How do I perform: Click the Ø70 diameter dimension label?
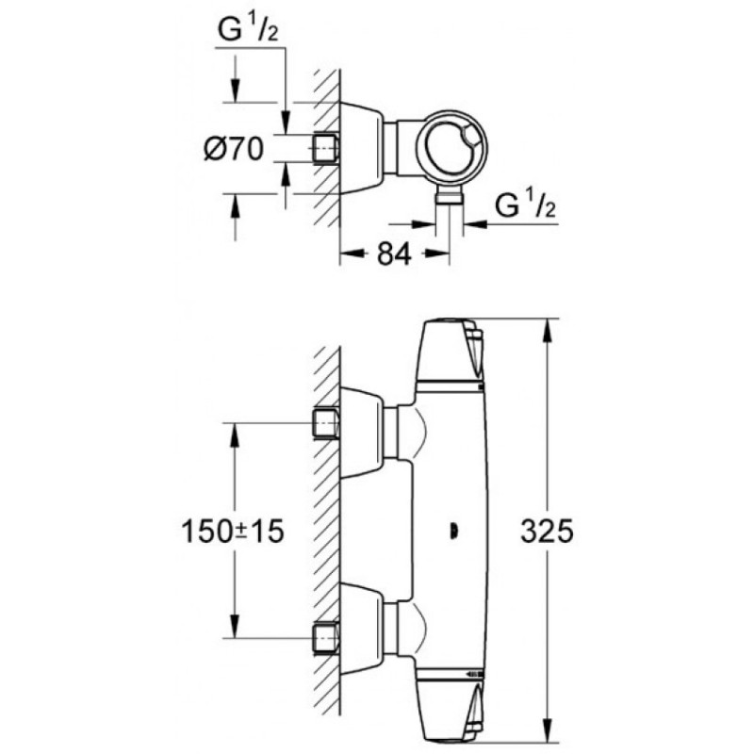[x=234, y=149]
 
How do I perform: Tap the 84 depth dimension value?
[x=394, y=254]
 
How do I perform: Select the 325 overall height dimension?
[x=548, y=532]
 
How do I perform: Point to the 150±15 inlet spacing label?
[x=233, y=532]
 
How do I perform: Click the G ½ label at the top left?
[x=248, y=30]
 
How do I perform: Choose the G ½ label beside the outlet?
[x=525, y=205]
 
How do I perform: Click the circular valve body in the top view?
[x=451, y=148]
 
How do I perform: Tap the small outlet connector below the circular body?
[x=450, y=197]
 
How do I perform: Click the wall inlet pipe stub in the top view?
[x=325, y=148]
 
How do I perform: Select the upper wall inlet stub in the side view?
[x=325, y=423]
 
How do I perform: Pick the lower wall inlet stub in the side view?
[x=325, y=638]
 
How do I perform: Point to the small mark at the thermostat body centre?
[x=453, y=532]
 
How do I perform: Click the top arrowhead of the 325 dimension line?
[x=548, y=331]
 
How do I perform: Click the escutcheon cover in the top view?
[x=362, y=148]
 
